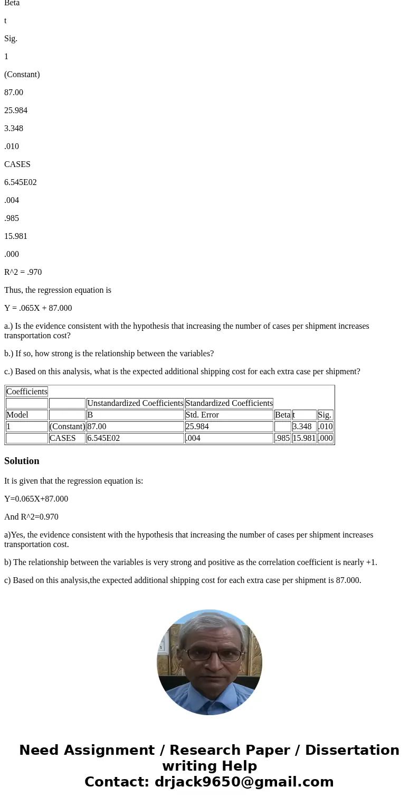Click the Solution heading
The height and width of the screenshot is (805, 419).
point(22,461)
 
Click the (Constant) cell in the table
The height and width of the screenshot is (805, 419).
point(67,427)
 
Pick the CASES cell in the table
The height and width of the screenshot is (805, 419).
point(63,438)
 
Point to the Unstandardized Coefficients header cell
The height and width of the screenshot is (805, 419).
point(135,403)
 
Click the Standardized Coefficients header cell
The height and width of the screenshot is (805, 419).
point(229,403)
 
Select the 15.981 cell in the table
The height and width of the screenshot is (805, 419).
point(304,438)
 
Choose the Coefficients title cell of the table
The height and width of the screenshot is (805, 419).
point(27,392)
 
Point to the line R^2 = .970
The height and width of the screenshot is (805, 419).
point(23,272)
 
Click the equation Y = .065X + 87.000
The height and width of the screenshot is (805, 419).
point(38,308)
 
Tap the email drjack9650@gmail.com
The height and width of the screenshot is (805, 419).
point(244,782)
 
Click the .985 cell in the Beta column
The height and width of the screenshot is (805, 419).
point(282,438)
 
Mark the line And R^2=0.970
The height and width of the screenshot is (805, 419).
point(31,517)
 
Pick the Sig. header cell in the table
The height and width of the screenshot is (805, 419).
point(325,415)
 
